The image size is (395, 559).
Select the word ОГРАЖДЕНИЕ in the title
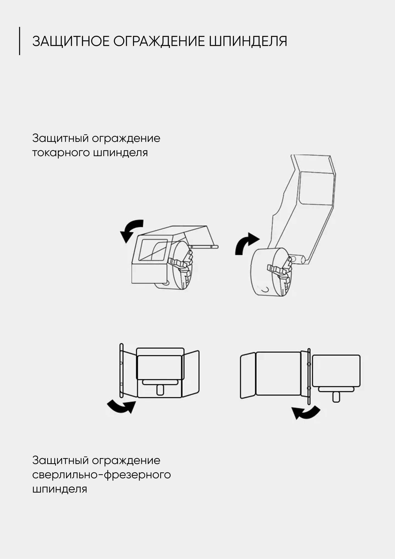click(159, 41)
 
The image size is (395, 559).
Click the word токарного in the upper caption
click(61, 153)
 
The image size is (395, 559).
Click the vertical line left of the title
click(19, 41)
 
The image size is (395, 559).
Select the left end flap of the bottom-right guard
click(248, 375)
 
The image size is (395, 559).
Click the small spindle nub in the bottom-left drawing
click(160, 390)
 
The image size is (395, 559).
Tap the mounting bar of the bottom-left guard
click(122, 370)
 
